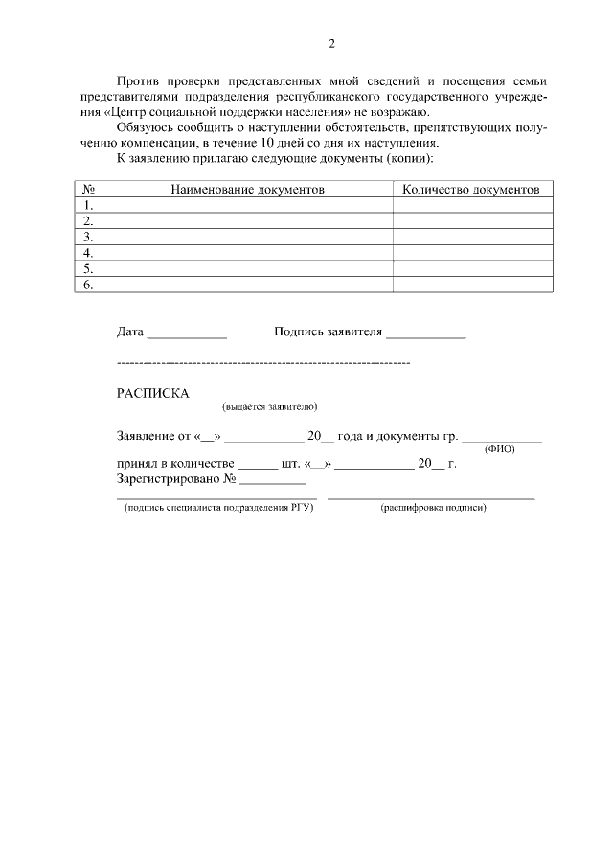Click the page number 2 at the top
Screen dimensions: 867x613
pos(331,43)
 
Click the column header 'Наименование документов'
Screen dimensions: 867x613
pos(247,190)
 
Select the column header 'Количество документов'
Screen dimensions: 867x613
pos(471,190)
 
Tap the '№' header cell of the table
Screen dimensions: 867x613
pos(88,190)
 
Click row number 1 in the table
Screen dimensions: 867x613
pos(88,205)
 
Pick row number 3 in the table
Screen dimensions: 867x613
pos(88,237)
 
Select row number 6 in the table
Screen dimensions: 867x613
pos(88,285)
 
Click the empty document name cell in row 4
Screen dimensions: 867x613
pos(247,253)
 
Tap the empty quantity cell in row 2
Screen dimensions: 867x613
pos(472,221)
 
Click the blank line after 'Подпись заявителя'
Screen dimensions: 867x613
pos(425,336)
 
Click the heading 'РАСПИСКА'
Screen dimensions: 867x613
pos(153,393)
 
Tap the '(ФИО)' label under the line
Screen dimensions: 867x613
pos(499,449)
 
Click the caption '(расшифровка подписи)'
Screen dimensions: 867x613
pos(433,507)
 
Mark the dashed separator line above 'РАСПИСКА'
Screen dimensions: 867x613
pos(263,364)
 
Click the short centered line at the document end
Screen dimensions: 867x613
pos(331,627)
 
